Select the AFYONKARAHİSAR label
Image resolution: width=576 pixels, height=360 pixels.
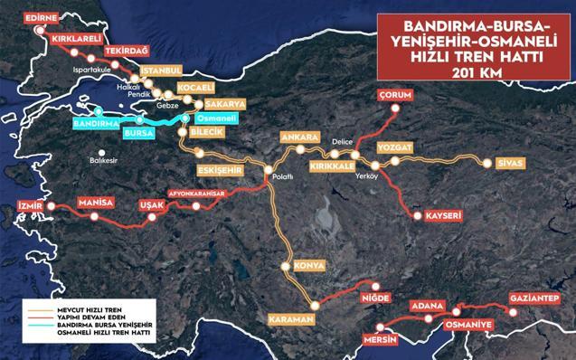(203, 193)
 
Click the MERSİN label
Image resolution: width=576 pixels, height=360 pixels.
(380, 340)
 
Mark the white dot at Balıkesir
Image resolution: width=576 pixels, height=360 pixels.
(103, 153)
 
